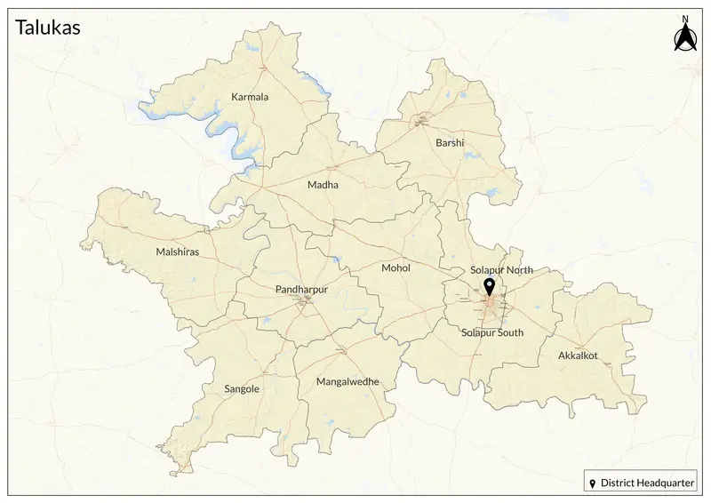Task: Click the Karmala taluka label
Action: pyautogui.click(x=249, y=96)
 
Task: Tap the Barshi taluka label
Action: pyautogui.click(x=450, y=142)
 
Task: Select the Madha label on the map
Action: pyautogui.click(x=322, y=185)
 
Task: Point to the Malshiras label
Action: pyautogui.click(x=178, y=251)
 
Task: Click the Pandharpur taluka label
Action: pyautogui.click(x=302, y=290)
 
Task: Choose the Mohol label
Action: pyautogui.click(x=395, y=267)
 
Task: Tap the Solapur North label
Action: pyautogui.click(x=501, y=269)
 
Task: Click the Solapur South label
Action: pyautogui.click(x=492, y=332)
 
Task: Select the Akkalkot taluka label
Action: pyautogui.click(x=578, y=355)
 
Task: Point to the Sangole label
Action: pyautogui.click(x=242, y=388)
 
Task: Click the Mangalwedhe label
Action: pyautogui.click(x=348, y=381)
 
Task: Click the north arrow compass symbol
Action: pyautogui.click(x=684, y=38)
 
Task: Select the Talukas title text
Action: pyautogui.click(x=49, y=28)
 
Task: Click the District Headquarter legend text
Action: pyautogui.click(x=648, y=483)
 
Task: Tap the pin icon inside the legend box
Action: pyautogui.click(x=593, y=483)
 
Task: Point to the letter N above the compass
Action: pyautogui.click(x=684, y=19)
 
